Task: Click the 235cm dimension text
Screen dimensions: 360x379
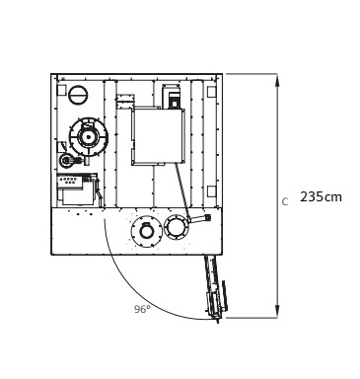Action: [321, 196]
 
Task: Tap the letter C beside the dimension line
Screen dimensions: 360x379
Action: [285, 201]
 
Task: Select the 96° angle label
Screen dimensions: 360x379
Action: [142, 309]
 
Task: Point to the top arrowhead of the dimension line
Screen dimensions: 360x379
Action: [277, 80]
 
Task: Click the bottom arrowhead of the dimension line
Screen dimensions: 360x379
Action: [277, 312]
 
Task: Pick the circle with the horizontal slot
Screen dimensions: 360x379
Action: [78, 95]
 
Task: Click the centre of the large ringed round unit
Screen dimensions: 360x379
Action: [88, 136]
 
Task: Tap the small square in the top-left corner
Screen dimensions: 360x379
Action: [61, 90]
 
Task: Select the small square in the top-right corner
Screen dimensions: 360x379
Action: [211, 91]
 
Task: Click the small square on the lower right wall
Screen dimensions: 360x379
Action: [211, 191]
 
